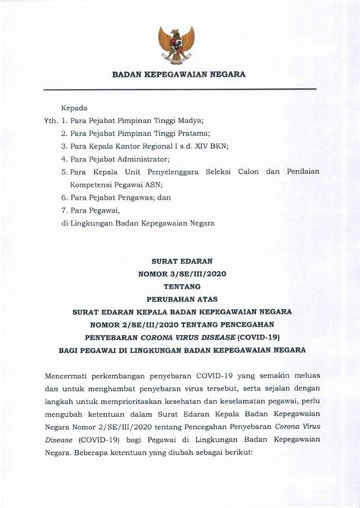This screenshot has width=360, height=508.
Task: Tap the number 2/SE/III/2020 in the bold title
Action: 156,323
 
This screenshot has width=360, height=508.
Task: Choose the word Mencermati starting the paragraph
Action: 70,375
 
